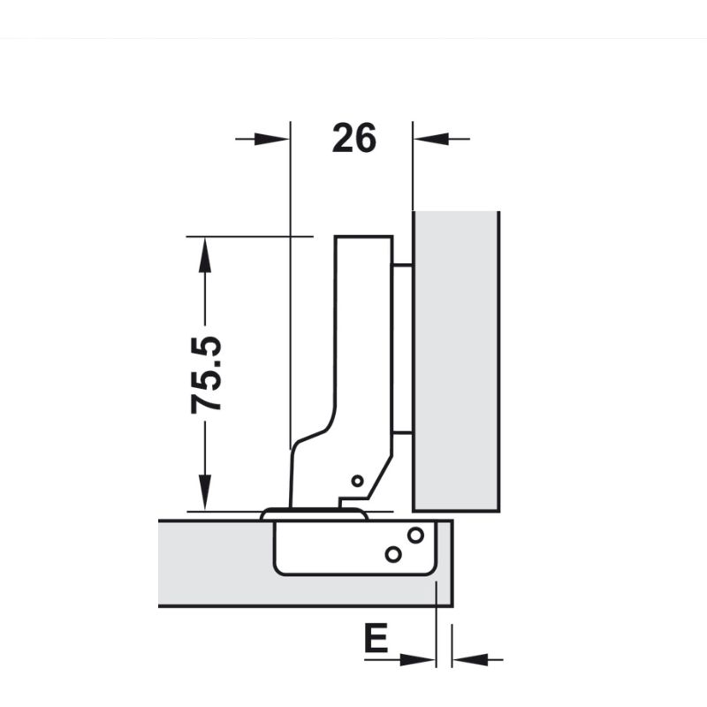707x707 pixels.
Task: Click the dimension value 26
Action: [354, 139]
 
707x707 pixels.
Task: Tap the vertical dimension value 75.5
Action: [207, 375]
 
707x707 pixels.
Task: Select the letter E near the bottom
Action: [376, 639]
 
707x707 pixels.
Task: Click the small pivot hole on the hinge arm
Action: [356, 481]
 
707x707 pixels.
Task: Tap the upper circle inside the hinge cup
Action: [414, 535]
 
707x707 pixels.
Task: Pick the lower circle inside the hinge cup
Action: [392, 554]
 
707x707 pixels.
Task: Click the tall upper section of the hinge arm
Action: [363, 336]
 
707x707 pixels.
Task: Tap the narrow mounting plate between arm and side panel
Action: [401, 349]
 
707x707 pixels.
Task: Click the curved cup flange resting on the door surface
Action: [314, 513]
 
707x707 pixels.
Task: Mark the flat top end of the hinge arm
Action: [363, 237]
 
